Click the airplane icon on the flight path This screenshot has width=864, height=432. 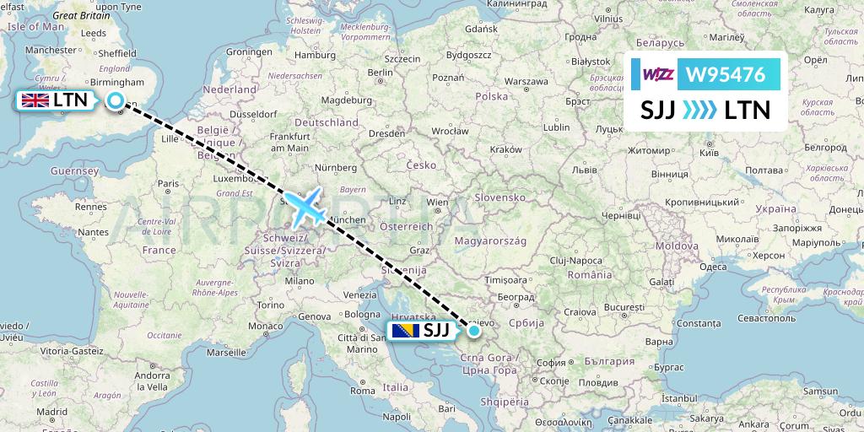tap(305, 206)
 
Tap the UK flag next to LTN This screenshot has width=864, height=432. tap(35, 101)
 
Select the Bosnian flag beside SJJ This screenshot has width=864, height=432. tap(405, 331)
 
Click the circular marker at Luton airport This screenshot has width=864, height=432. tap(116, 101)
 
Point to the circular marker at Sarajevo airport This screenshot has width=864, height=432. tap(474, 331)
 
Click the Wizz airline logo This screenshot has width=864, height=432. tap(658, 75)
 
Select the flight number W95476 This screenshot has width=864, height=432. tap(726, 75)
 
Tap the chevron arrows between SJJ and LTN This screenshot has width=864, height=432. tap(699, 110)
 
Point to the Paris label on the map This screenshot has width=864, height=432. tap(169, 183)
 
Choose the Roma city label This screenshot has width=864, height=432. tap(362, 391)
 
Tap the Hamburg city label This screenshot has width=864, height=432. tap(316, 55)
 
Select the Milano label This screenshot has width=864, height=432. tap(299, 280)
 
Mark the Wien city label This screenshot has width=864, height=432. tap(437, 202)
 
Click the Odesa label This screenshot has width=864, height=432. tap(713, 267)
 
